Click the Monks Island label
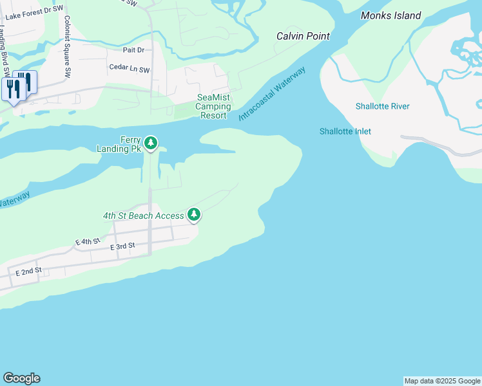[390, 15]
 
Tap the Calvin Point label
[303, 36]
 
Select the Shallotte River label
[382, 106]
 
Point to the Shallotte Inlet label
[345, 131]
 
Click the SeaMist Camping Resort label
[213, 106]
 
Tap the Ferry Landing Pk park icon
[151, 143]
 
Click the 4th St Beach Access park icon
[193, 215]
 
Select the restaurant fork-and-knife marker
[19, 86]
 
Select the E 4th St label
[88, 241]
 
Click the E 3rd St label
[122, 246]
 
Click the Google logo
[21, 378]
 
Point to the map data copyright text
[442, 381]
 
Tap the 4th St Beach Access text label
[143, 216]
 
